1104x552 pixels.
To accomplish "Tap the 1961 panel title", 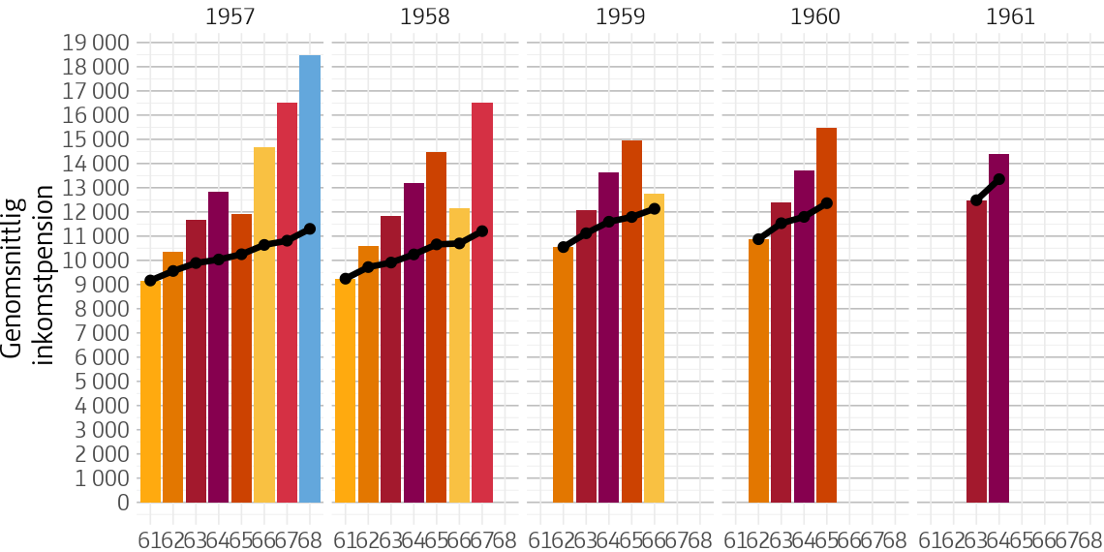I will point(1010,16).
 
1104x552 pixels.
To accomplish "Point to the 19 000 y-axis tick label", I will point(95,43).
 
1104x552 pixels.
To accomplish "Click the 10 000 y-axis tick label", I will point(95,261).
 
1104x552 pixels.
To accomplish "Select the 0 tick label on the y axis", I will point(122,503).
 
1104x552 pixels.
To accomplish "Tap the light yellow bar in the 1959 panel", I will point(654,349).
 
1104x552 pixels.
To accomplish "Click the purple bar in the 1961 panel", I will point(998,328).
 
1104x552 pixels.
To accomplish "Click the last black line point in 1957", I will point(310,230).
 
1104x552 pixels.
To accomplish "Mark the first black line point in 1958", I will point(346,279).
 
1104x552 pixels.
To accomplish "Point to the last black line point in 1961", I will point(998,179).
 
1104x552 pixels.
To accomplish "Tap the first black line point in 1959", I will point(564,247).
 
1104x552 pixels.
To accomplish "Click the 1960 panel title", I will point(814,16).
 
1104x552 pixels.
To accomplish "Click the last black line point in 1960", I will point(826,203).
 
